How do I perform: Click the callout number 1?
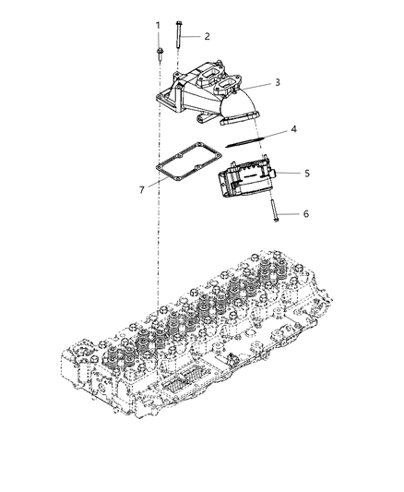pyautogui.click(x=158, y=25)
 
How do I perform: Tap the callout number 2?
pyautogui.click(x=207, y=36)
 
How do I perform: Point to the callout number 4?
pyautogui.click(x=293, y=130)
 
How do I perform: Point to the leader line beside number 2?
pyautogui.click(x=191, y=36)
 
